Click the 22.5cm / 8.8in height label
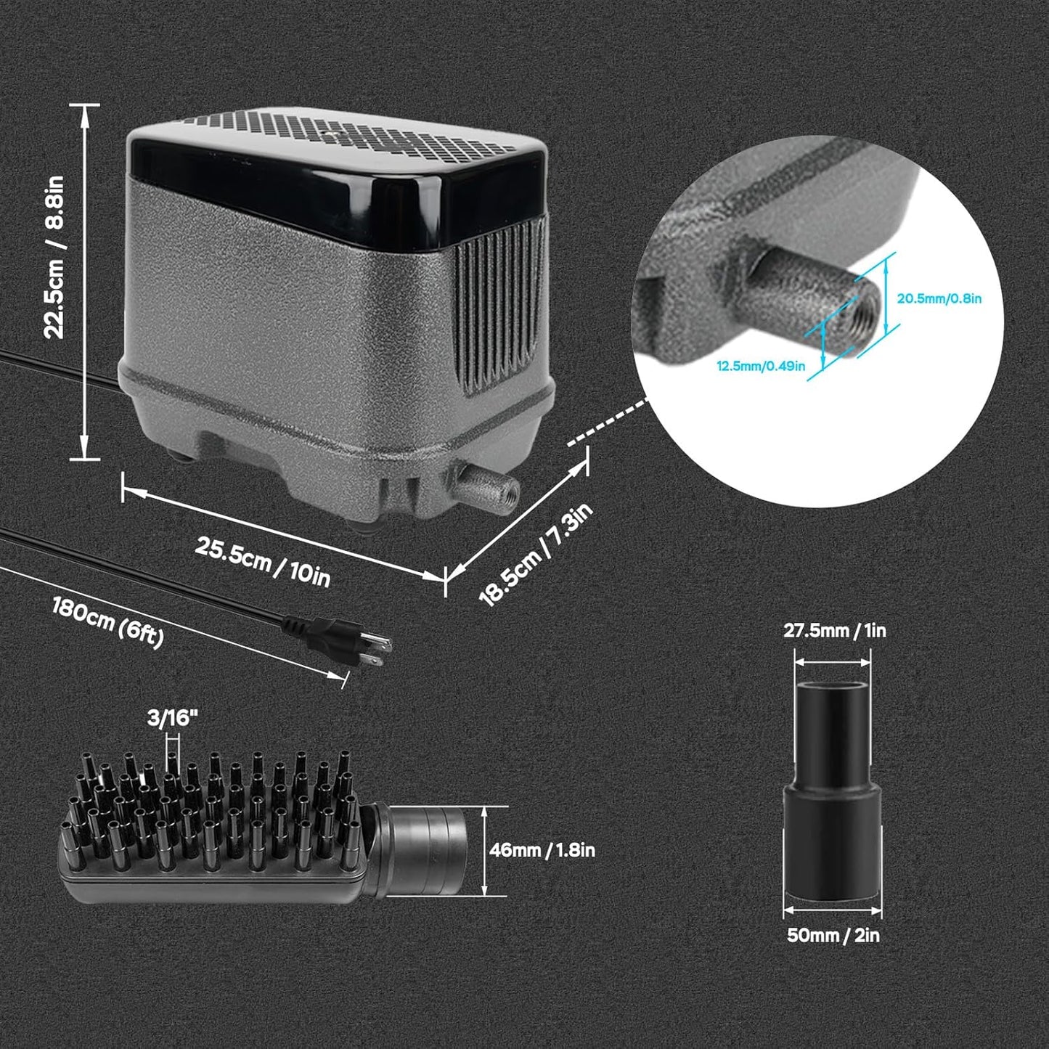[x=56, y=257]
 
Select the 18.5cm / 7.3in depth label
[x=536, y=555]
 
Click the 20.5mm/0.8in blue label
[x=939, y=298]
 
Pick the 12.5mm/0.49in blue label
[x=761, y=365]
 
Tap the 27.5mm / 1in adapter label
[x=834, y=630]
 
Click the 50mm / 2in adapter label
[x=833, y=935]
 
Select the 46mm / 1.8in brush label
[x=542, y=850]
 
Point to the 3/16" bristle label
[x=172, y=718]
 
